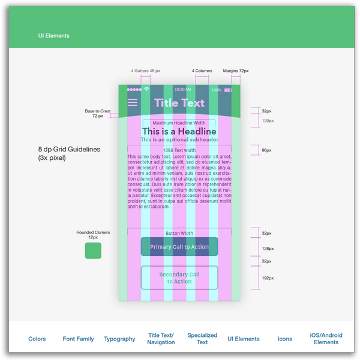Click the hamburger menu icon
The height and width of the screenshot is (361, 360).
(x=133, y=103)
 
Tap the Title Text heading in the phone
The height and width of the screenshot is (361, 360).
(x=179, y=103)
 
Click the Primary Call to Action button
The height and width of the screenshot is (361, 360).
(x=179, y=247)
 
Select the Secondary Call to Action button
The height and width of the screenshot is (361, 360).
(x=179, y=278)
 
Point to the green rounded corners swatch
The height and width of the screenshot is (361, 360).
(x=93, y=250)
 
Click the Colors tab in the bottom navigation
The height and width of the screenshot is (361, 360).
(x=37, y=339)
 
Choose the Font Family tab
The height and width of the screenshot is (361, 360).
(x=78, y=339)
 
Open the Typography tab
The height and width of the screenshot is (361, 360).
(x=119, y=339)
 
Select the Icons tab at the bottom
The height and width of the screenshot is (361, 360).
(x=285, y=339)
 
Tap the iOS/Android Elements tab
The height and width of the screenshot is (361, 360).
(x=326, y=339)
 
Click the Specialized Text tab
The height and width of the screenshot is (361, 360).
(x=202, y=339)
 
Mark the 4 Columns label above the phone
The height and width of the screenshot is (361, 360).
(x=202, y=71)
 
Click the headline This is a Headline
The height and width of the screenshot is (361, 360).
(x=179, y=132)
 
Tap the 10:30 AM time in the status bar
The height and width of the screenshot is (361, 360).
(x=183, y=90)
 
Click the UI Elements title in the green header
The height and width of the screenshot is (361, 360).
(x=53, y=36)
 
